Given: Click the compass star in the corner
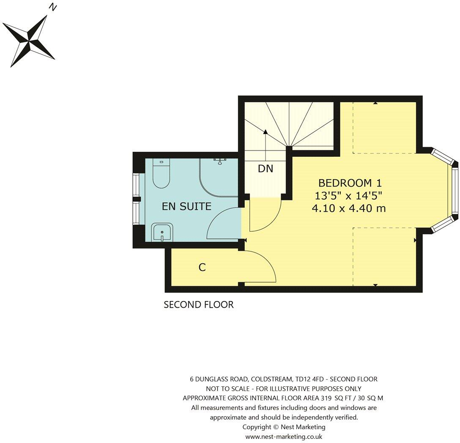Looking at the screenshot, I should [x=29, y=41].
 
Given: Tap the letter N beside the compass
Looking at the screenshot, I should [x=53, y=7].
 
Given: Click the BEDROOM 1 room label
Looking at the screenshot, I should [x=350, y=183].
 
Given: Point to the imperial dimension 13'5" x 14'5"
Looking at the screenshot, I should [x=348, y=196].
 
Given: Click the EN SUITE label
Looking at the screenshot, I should [x=186, y=206].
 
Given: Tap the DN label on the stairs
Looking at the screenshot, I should [x=266, y=169].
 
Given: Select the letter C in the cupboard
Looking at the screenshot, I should [x=202, y=268].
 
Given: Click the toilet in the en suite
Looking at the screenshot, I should [x=161, y=174].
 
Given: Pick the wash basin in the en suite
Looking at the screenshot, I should [x=162, y=232].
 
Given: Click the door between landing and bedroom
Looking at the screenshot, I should [x=265, y=216].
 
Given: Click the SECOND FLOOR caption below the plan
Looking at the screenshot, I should [x=198, y=305].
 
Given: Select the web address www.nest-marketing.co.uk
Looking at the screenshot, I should [x=284, y=437].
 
